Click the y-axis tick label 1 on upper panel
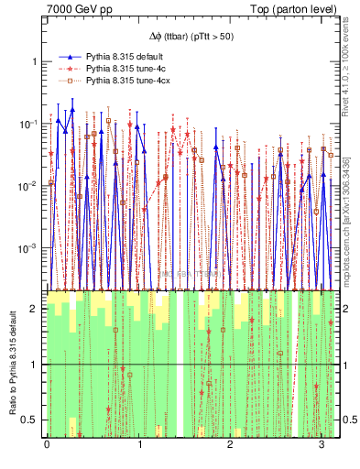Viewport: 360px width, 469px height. click(x=36, y=61)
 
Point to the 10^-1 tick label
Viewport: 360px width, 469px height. click(x=30, y=124)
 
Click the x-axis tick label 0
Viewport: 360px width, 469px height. click(x=48, y=446)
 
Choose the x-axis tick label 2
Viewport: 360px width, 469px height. click(x=230, y=446)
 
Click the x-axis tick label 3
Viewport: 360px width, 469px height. click(x=322, y=446)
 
